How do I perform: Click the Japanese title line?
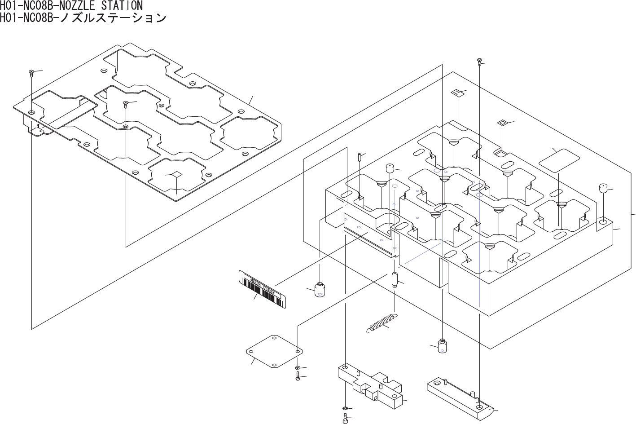coord(83,18)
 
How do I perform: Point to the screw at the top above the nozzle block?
coord(479,61)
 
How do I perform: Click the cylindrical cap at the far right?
coord(603,188)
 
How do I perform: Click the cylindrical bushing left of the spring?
coord(320,290)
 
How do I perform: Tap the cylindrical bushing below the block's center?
coord(443,345)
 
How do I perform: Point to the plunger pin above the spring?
coord(395,279)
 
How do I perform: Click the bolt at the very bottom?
coord(344,420)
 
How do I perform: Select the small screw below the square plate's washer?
coord(298,376)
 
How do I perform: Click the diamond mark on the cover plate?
coord(177,174)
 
